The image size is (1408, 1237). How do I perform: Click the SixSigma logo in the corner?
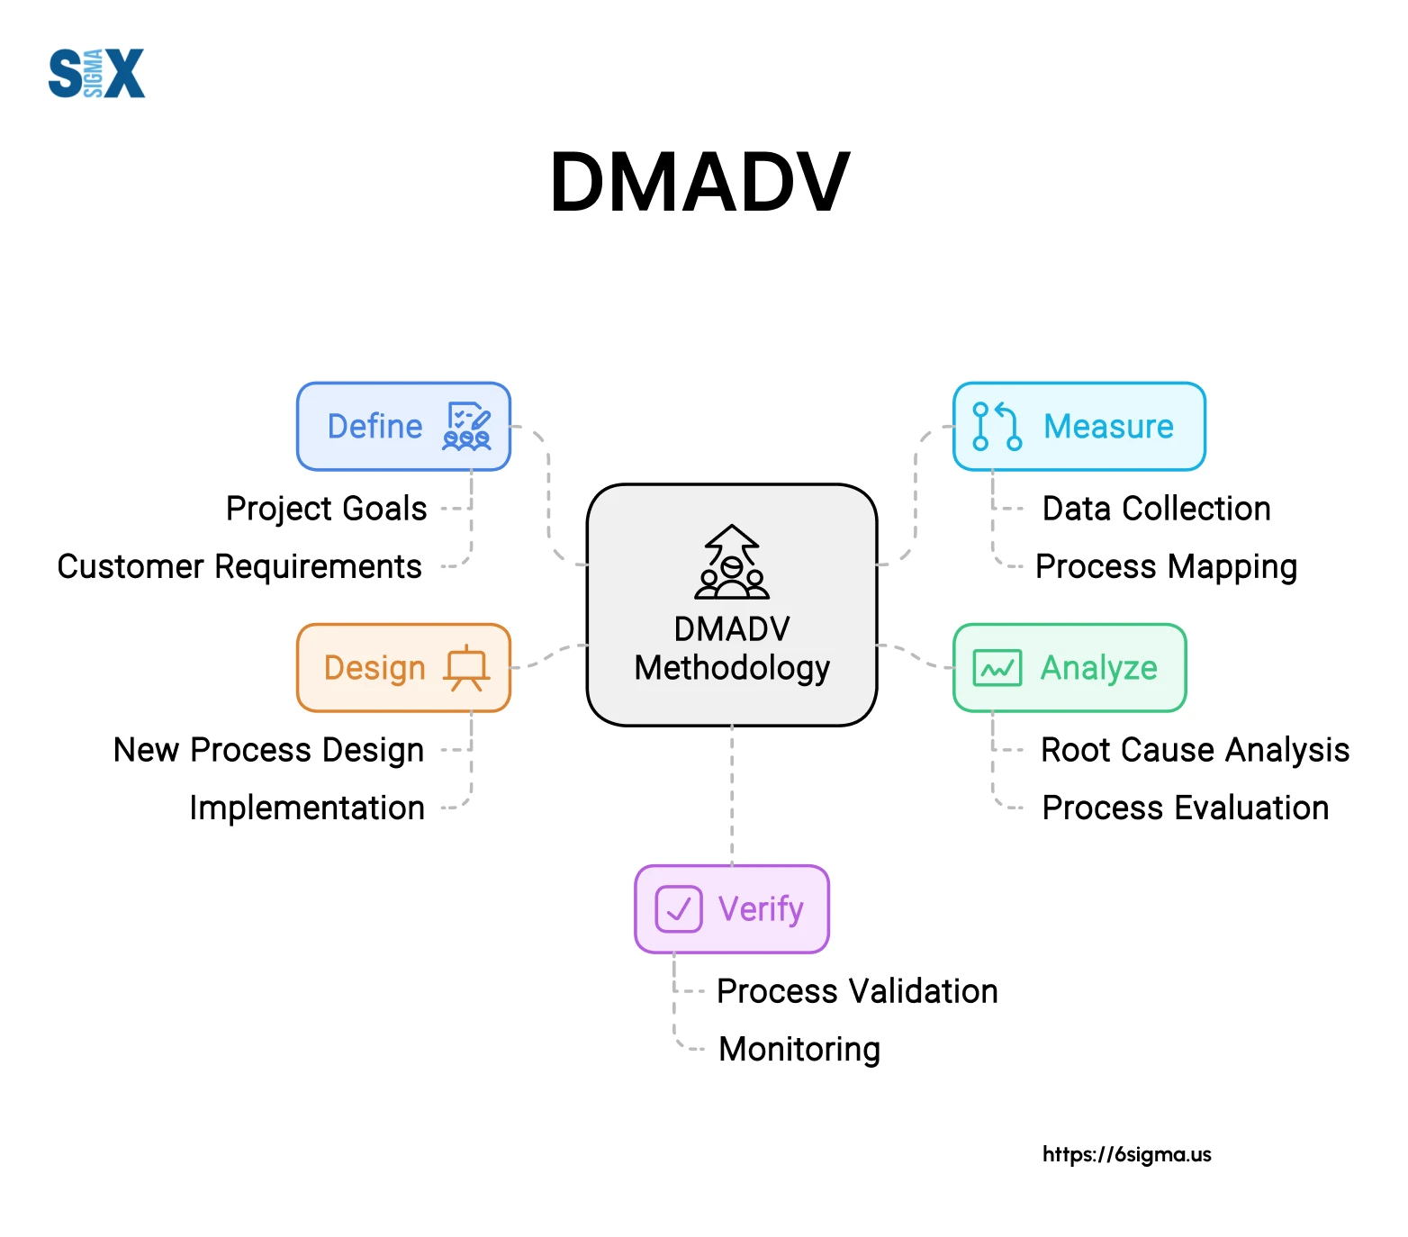point(96,73)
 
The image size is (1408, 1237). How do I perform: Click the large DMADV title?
point(699,183)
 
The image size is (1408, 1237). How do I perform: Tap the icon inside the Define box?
point(467,427)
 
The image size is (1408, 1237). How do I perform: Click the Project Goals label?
point(326,509)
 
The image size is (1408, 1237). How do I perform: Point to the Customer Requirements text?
point(239,566)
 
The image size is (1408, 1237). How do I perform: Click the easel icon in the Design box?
point(466,668)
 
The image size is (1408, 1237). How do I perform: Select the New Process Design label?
point(268,750)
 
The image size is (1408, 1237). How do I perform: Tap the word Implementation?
point(307,808)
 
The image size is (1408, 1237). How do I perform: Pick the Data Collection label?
point(1156,509)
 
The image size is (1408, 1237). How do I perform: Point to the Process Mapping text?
point(1166,566)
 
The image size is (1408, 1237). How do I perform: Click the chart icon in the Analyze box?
point(997,668)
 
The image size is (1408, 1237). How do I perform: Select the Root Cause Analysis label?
point(1195,750)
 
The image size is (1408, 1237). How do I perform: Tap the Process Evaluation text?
point(1185,808)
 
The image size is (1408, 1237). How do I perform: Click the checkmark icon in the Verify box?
point(678,909)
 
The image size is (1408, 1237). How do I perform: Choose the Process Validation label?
point(857,991)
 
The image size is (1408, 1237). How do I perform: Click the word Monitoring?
point(799,1049)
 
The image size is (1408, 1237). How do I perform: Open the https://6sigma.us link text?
point(1126,1154)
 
